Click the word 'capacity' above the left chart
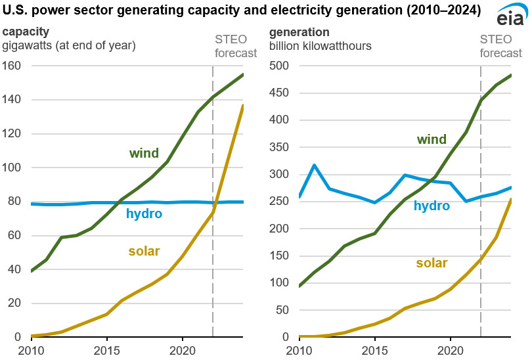[26, 32]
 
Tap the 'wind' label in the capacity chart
[144, 154]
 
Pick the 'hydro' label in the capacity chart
[144, 214]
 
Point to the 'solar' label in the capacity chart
[144, 251]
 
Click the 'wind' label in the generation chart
[432, 139]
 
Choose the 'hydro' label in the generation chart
[432, 206]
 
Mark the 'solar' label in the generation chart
[432, 263]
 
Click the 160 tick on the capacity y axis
[11, 66]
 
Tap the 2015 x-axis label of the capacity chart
[106, 349]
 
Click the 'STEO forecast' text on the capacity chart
[236, 47]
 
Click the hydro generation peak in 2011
[315, 165]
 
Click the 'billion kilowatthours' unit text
[320, 45]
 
